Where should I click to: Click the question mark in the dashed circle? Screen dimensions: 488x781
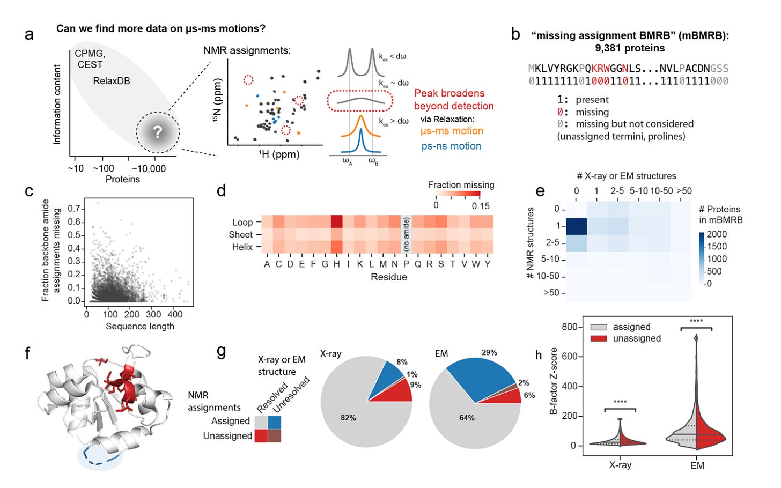tap(157, 132)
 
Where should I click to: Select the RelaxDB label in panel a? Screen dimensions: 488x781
tap(112, 81)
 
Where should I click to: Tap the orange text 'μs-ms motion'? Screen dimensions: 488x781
tap(452, 131)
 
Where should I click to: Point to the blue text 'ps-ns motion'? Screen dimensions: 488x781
tap(451, 146)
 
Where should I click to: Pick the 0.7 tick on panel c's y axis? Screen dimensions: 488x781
tap(75, 209)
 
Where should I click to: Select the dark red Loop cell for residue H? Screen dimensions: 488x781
tap(336, 222)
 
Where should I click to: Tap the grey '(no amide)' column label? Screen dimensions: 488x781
tap(407, 234)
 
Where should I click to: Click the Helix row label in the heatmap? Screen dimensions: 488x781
tap(242, 247)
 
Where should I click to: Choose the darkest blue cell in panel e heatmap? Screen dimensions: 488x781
tap(577, 226)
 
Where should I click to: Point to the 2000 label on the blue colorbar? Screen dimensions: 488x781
tap(717, 234)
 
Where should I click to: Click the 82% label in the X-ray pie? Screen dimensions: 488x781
tap(348, 418)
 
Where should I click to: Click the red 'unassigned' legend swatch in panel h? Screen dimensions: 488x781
tap(599, 338)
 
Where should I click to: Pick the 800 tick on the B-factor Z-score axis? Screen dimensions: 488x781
tap(569, 327)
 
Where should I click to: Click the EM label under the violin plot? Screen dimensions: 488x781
tap(697, 465)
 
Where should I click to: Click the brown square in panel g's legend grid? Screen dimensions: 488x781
tap(275, 435)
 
